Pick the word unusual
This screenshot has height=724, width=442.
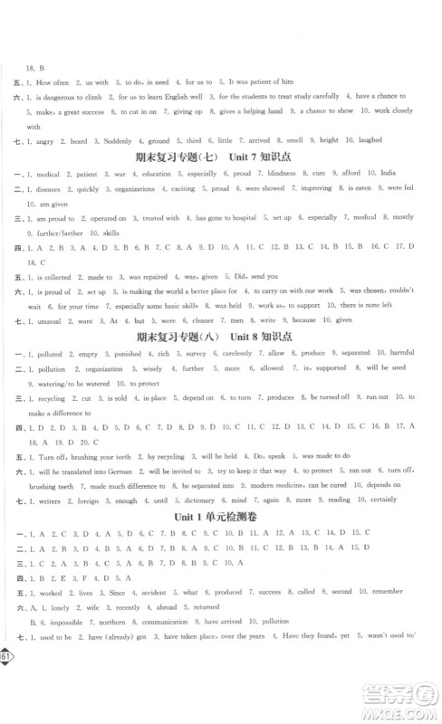(x=46, y=321)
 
